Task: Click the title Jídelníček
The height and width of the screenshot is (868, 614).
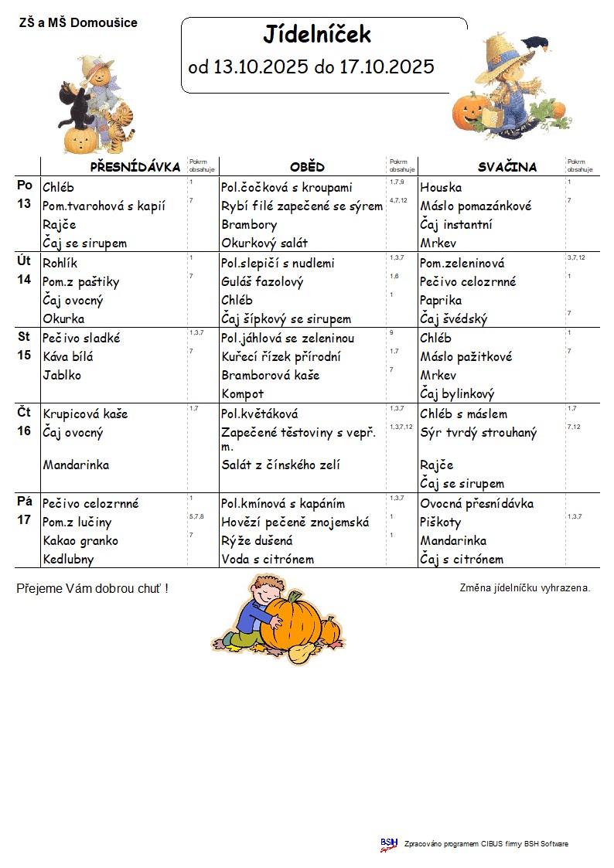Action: pyautogui.click(x=317, y=35)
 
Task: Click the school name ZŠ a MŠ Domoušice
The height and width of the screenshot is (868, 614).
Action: pyautogui.click(x=78, y=23)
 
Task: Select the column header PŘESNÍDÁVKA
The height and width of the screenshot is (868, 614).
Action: pyautogui.click(x=135, y=167)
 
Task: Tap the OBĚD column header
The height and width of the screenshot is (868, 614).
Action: pyautogui.click(x=307, y=167)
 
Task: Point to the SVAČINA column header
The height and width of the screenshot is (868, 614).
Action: pyautogui.click(x=507, y=167)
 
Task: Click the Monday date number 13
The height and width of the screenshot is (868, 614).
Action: pyautogui.click(x=24, y=204)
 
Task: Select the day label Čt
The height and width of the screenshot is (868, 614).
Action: pyautogui.click(x=24, y=413)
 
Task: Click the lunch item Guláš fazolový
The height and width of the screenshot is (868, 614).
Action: pyautogui.click(x=262, y=282)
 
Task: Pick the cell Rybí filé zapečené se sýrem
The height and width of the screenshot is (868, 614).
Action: pyautogui.click(x=302, y=206)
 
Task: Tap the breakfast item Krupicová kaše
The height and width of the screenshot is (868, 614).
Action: pyautogui.click(x=85, y=414)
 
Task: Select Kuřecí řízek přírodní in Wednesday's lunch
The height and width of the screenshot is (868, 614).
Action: pyautogui.click(x=281, y=357)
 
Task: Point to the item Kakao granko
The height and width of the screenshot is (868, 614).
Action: pyautogui.click(x=80, y=541)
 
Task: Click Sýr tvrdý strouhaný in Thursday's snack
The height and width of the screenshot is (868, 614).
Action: pyautogui.click(x=478, y=433)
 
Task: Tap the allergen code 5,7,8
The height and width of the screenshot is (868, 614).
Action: pyautogui.click(x=196, y=516)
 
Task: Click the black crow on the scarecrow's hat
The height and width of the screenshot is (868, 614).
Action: pyautogui.click(x=534, y=43)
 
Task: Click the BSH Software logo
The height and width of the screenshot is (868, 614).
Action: pyautogui.click(x=388, y=844)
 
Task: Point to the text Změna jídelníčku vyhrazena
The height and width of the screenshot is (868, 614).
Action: pyautogui.click(x=524, y=588)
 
